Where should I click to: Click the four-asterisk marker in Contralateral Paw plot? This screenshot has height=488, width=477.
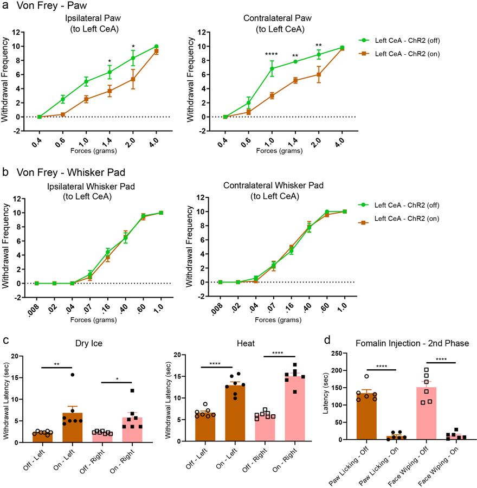coord(271,54)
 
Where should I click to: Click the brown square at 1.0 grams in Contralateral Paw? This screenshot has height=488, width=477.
coord(271,95)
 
